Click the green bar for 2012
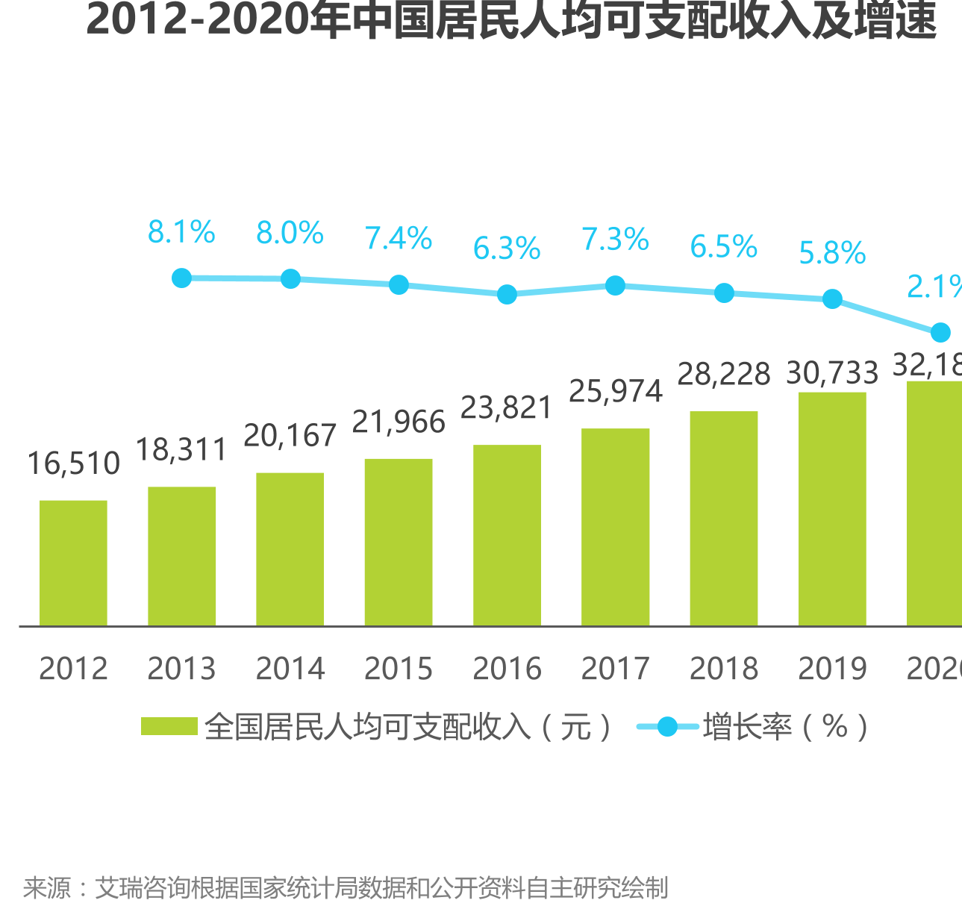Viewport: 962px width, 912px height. pos(73,563)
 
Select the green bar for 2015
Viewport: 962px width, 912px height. pos(399,542)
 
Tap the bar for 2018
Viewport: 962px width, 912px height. pos(723,518)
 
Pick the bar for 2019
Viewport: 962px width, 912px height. pos(832,509)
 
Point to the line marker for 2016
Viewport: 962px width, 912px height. pos(507,295)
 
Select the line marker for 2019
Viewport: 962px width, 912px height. pos(832,299)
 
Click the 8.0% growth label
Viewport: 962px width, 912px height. pos(290,233)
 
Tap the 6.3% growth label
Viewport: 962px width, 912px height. pos(507,249)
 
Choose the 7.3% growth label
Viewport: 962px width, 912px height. pos(615,240)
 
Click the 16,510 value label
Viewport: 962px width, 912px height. pos(73,464)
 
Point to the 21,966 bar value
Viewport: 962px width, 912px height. pos(399,422)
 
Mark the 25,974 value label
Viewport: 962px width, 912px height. pos(615,391)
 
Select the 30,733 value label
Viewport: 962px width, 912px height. pos(832,372)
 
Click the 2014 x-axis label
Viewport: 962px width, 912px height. pos(290,669)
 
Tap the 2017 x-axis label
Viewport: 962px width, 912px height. pos(615,669)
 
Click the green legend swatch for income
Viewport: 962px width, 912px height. pos(169,726)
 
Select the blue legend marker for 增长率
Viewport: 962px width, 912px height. pos(667,726)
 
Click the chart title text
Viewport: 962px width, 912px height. pos(511,20)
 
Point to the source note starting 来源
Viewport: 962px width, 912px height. pos(345,888)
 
